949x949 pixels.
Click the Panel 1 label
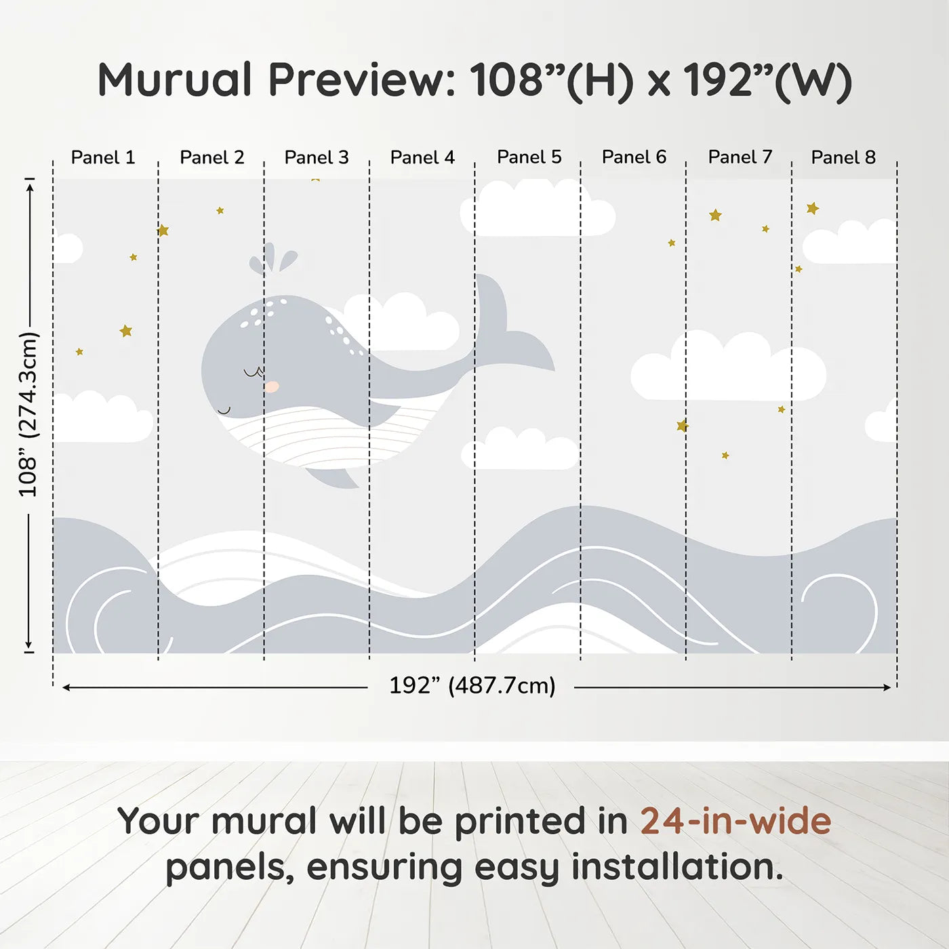(x=103, y=157)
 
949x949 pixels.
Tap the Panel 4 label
(x=422, y=157)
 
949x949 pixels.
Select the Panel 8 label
(x=843, y=157)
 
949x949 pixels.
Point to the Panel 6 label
(x=634, y=157)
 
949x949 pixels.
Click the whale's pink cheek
(x=271, y=386)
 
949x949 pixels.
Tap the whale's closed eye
(x=253, y=373)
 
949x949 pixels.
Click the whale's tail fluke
(x=512, y=325)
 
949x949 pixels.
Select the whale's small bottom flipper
(x=333, y=477)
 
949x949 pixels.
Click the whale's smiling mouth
(x=224, y=410)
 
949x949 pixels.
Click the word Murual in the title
(x=175, y=80)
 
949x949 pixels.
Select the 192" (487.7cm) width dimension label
(x=472, y=685)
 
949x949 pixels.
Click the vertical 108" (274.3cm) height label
(x=28, y=414)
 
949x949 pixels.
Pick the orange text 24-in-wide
(x=735, y=820)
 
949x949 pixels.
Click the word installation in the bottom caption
(x=677, y=867)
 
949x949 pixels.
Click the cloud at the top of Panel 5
(x=538, y=207)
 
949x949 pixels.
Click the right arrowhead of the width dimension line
(x=887, y=687)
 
